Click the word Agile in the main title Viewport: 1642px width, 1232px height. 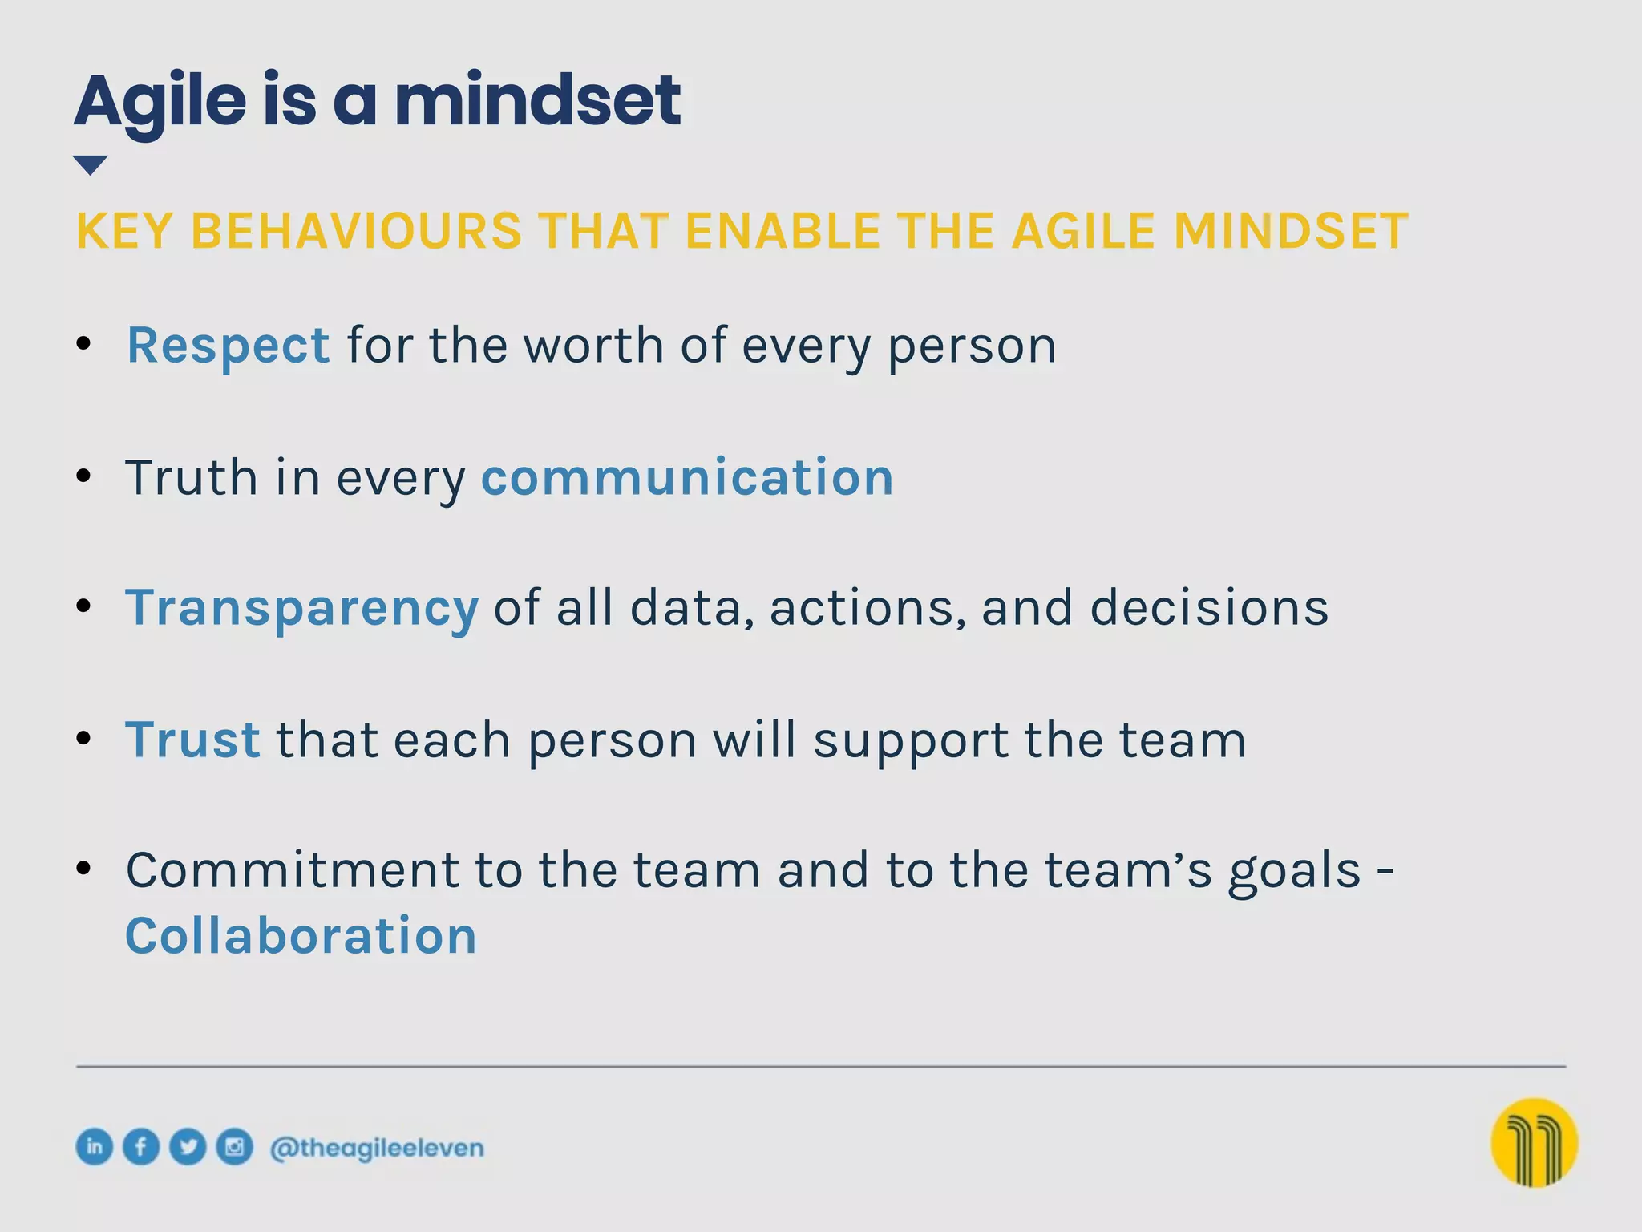click(160, 103)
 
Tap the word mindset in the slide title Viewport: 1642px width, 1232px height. click(537, 101)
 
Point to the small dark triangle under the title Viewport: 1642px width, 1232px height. click(90, 164)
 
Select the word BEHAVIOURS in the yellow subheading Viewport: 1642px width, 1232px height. click(356, 232)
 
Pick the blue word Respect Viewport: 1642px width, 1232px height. click(229, 346)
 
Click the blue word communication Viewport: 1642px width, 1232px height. click(687, 477)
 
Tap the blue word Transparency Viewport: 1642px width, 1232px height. click(301, 608)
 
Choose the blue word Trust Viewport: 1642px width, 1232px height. click(192, 739)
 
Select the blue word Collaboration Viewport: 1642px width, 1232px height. click(301, 936)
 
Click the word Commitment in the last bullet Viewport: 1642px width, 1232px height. click(293, 870)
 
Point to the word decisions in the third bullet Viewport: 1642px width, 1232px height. click(1209, 607)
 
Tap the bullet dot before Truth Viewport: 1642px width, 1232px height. click(83, 476)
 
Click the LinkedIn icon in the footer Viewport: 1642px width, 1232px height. click(95, 1146)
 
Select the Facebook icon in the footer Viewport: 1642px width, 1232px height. click(141, 1146)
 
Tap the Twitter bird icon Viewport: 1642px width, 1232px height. click(188, 1146)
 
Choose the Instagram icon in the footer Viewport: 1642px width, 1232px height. click(235, 1146)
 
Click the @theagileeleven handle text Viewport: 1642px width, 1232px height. click(377, 1149)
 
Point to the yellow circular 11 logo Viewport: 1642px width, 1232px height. click(1534, 1142)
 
